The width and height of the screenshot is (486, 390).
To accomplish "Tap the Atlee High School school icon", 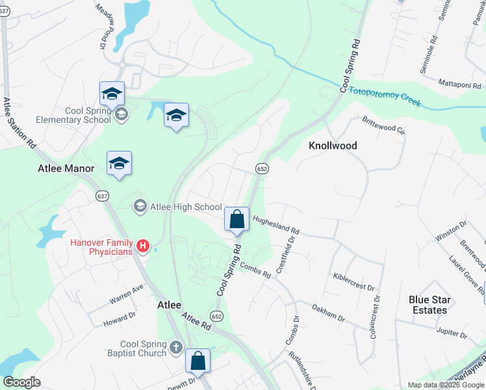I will (x=140, y=207).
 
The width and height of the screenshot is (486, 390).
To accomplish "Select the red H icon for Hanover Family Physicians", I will (x=144, y=247).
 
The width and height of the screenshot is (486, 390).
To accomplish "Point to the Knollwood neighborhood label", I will (x=332, y=146).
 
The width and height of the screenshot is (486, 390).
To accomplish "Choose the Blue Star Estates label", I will (x=429, y=305).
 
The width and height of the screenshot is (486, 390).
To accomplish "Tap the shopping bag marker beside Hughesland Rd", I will (x=237, y=219).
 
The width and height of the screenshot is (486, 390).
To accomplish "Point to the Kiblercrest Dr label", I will (x=354, y=283).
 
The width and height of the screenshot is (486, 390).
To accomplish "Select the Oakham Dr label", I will (x=328, y=311).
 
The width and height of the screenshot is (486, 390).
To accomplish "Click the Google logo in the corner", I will (x=21, y=382).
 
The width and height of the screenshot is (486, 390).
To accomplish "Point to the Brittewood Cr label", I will (x=383, y=123).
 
